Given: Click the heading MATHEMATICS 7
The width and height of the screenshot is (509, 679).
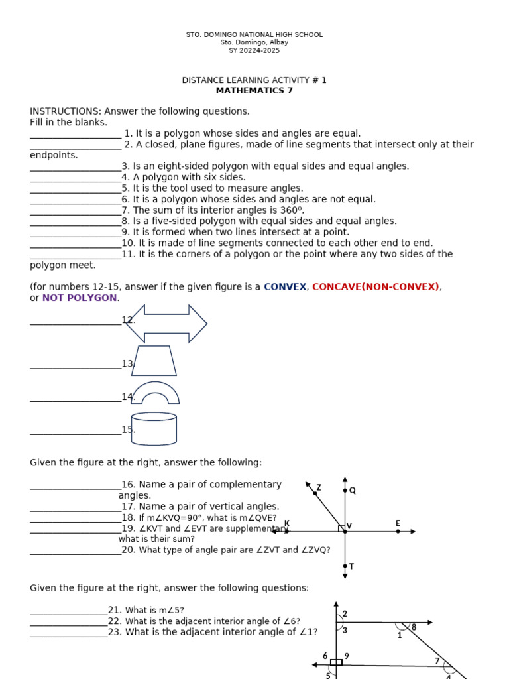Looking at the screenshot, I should (x=254, y=91).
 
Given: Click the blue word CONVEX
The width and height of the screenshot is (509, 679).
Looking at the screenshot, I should (x=285, y=287).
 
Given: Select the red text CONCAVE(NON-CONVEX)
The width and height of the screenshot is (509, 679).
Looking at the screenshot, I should (x=375, y=287).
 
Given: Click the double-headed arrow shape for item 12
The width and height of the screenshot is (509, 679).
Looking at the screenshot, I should (x=167, y=324).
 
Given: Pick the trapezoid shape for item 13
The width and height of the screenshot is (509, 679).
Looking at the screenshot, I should (x=154, y=361).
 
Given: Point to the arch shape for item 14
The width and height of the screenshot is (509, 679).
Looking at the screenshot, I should (x=155, y=393).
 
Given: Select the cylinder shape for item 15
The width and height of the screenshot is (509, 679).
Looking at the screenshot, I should (x=154, y=429).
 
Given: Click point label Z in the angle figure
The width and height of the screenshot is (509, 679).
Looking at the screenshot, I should (x=319, y=487).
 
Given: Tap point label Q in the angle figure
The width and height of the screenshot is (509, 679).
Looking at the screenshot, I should (x=352, y=491).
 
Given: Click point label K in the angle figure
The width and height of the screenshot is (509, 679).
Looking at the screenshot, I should (x=287, y=523).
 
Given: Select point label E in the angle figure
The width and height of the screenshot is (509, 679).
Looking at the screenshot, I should (x=398, y=523).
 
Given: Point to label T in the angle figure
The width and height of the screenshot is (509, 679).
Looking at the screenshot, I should (x=351, y=566).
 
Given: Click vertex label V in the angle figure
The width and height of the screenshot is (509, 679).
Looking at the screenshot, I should (x=349, y=526).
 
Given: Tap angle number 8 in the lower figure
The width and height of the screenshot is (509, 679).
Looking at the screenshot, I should (x=414, y=627).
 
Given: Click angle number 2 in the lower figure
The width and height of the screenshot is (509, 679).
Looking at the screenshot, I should (x=345, y=614).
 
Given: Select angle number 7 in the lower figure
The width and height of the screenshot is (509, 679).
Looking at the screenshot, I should (x=437, y=661).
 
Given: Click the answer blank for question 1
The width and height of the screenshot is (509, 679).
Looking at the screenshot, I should (x=76, y=134).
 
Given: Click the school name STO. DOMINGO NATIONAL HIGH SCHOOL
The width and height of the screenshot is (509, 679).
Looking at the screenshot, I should (x=254, y=34).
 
